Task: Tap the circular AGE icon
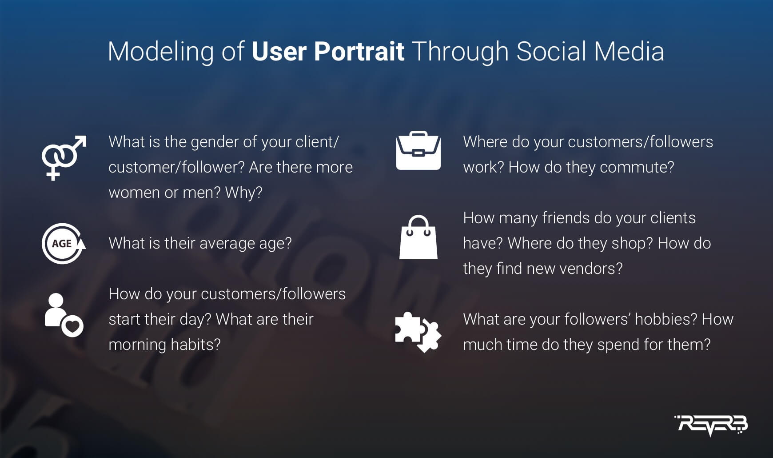tap(64, 244)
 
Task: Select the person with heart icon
tap(64, 315)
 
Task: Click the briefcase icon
tap(418, 150)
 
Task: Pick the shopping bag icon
tap(418, 237)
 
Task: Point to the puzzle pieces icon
tap(418, 332)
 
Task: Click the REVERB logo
tap(711, 425)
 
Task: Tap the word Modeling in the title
tap(161, 52)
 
